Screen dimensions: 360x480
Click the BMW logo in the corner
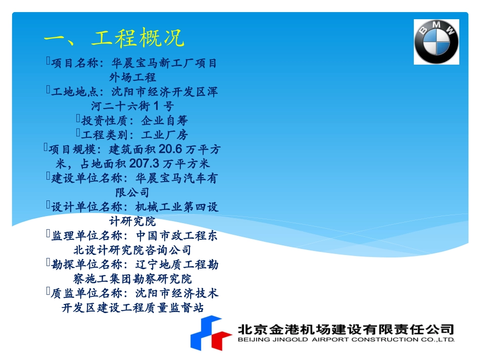(x=436, y=42)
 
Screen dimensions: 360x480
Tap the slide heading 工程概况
(x=138, y=38)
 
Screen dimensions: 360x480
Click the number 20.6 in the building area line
(x=173, y=149)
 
